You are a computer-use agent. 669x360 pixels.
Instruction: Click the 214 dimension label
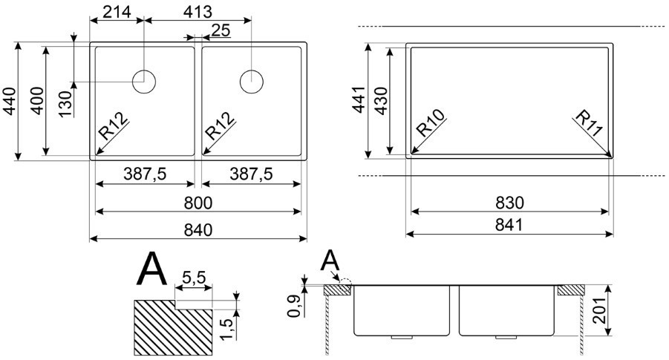pos(117,11)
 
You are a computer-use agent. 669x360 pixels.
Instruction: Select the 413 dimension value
pos(197,11)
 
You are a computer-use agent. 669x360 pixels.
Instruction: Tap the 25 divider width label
pos(221,30)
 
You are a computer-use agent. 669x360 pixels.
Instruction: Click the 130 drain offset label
pos(65,104)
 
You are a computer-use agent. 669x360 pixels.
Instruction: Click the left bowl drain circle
pos(144,82)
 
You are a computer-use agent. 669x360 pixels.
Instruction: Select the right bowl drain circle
pos(251,82)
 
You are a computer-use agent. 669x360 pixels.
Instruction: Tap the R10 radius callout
pos(430,122)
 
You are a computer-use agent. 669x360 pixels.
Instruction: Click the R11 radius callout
pos(590,124)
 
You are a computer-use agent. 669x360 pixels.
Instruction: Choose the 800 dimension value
pos(198,203)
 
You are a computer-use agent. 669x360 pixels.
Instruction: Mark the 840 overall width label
pos(198,230)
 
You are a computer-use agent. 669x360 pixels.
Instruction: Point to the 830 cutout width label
pos(509,203)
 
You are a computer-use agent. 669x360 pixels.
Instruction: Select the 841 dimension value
pos(509,225)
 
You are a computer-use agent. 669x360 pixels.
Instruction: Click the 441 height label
pos(359,99)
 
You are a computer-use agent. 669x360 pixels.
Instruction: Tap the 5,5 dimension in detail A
pos(194,278)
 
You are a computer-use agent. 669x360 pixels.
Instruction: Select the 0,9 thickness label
pos(294,306)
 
